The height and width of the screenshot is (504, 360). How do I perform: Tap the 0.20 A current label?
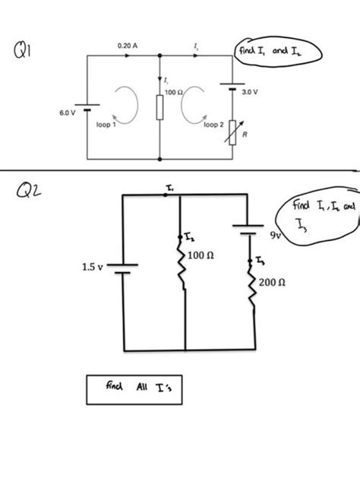[128, 46]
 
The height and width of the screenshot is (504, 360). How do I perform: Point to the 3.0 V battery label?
[250, 91]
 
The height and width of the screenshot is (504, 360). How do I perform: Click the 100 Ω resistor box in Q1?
[160, 108]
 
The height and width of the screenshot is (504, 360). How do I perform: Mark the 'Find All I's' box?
[134, 388]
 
